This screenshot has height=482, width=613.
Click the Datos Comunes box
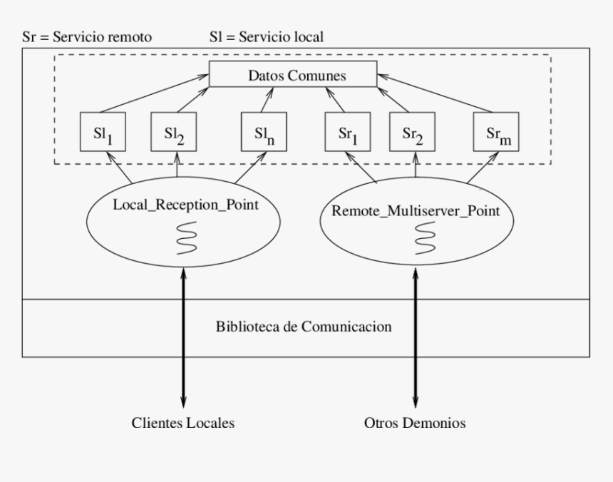click(292, 75)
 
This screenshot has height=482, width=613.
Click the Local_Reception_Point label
click(186, 205)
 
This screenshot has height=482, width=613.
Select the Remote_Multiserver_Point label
click(416, 210)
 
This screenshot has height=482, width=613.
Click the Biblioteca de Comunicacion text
click(304, 327)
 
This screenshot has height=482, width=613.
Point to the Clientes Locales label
click(183, 423)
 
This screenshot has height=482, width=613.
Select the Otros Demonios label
click(414, 423)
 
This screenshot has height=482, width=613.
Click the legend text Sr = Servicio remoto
click(87, 36)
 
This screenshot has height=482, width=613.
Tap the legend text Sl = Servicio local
click(266, 36)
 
